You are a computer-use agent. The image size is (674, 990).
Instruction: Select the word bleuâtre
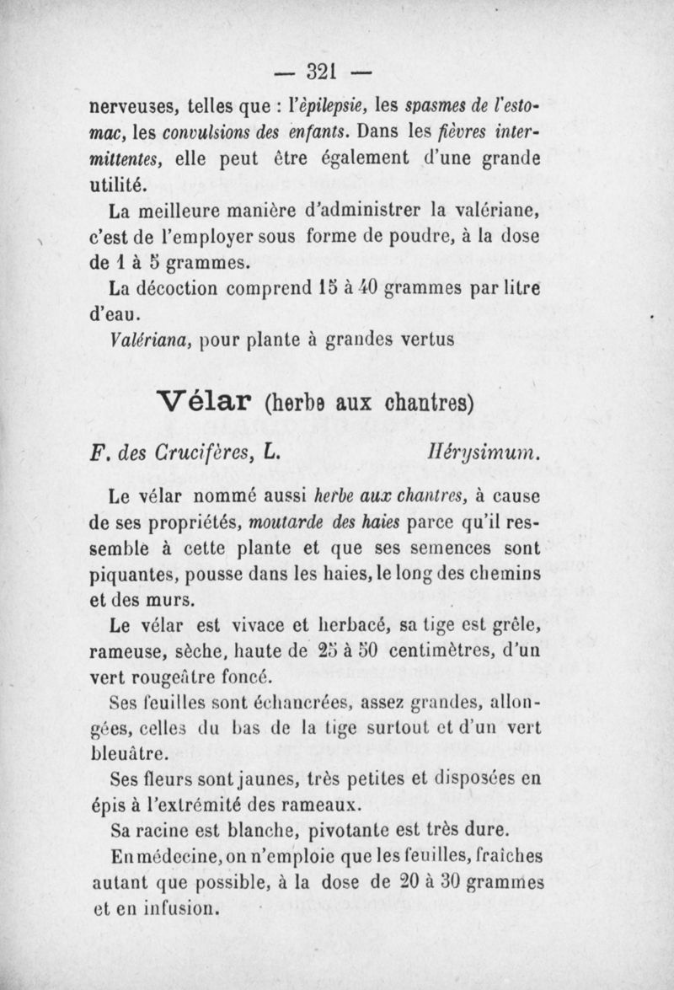pyautogui.click(x=131, y=751)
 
